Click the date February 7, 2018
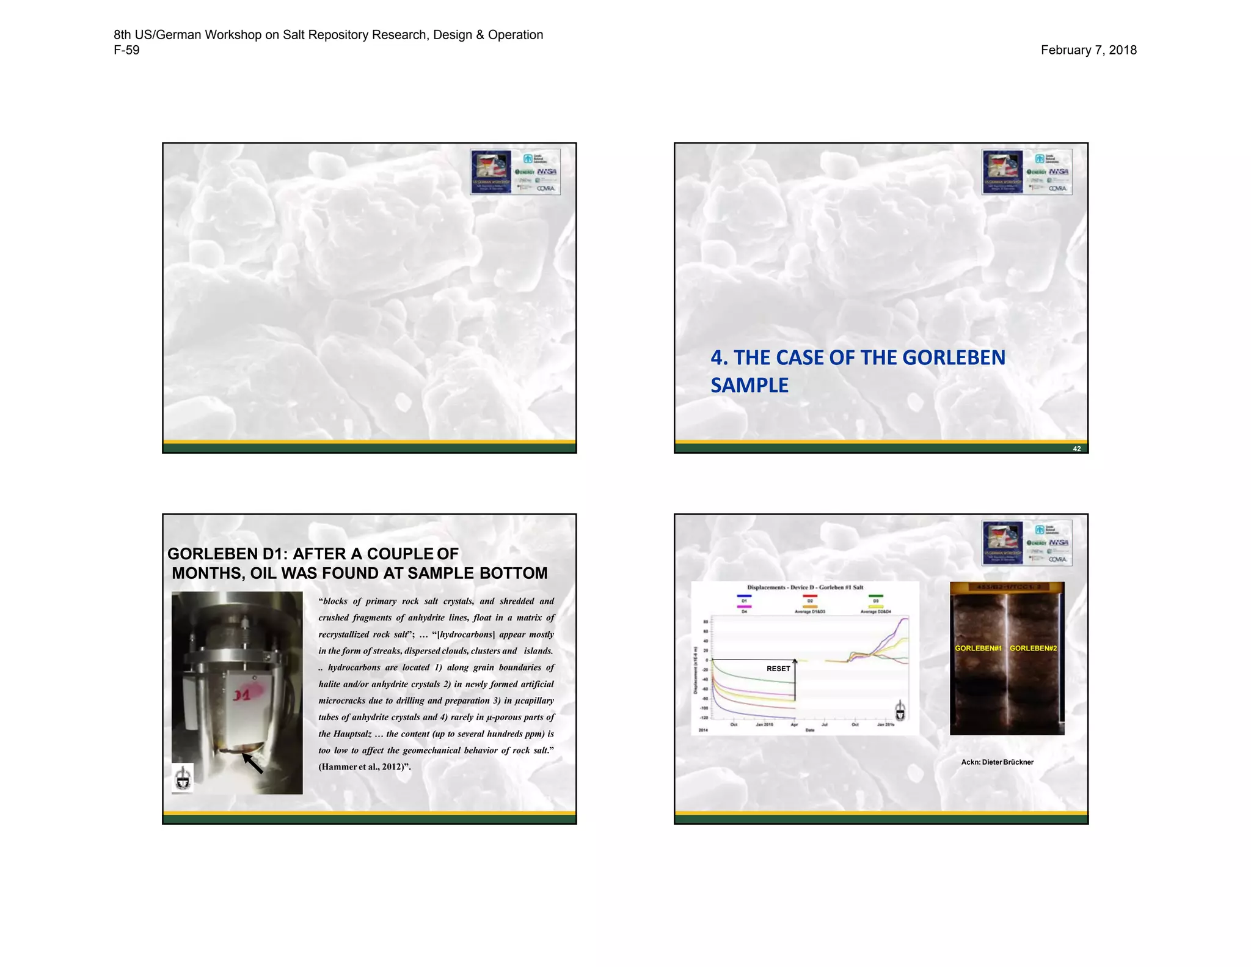(1088, 50)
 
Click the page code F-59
(126, 50)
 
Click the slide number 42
(1076, 449)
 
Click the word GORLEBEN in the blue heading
(954, 358)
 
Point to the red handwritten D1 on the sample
(242, 696)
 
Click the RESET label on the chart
(778, 669)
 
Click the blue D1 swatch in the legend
(744, 596)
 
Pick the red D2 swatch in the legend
(810, 596)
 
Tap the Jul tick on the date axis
(824, 724)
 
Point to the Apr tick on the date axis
(794, 724)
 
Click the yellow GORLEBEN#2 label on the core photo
(1033, 648)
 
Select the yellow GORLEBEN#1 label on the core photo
(978, 648)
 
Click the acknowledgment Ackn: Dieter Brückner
(997, 762)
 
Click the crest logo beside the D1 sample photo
(183, 778)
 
